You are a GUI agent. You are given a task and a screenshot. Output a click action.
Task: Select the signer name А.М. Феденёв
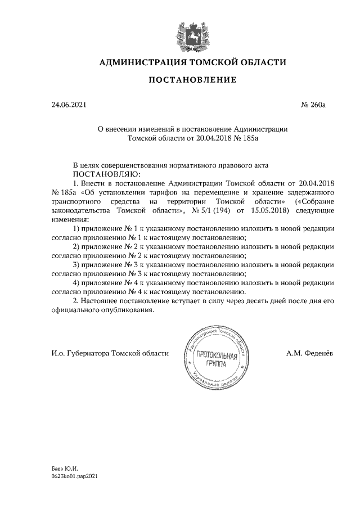(310, 353)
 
